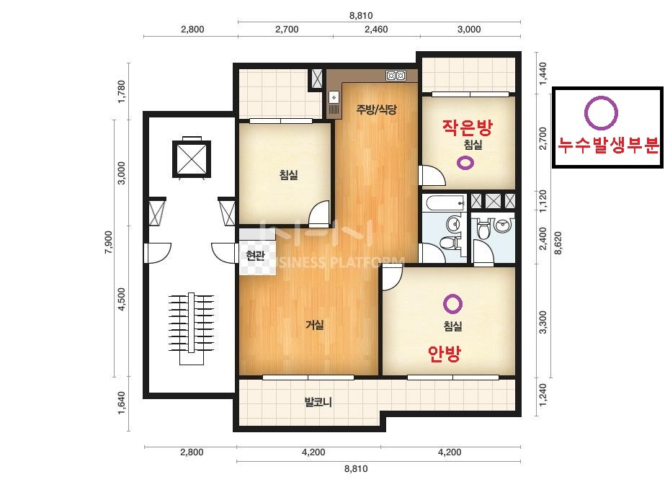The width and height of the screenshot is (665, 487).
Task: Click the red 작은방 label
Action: coord(468,127)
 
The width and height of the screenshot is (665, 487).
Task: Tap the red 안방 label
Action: coord(444,354)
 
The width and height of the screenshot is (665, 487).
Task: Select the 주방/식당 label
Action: coord(377,110)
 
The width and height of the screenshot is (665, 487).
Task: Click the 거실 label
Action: coord(315,325)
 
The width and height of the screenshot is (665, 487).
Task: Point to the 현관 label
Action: coord(255,255)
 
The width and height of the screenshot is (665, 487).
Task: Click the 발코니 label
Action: coord(318,401)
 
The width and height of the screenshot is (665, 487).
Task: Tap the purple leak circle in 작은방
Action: coord(465,163)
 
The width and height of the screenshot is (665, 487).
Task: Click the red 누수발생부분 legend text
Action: coord(608,146)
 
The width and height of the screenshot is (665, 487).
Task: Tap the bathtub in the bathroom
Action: coord(445,202)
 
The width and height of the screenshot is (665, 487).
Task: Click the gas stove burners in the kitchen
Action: coord(396,76)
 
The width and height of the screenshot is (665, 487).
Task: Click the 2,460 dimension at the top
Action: coord(377,30)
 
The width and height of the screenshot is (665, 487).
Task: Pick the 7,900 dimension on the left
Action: coord(109,243)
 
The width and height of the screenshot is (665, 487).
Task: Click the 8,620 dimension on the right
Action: coord(558,243)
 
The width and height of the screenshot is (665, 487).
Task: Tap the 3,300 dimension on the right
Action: coord(543,323)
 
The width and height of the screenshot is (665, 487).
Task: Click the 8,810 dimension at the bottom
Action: coord(356,469)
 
